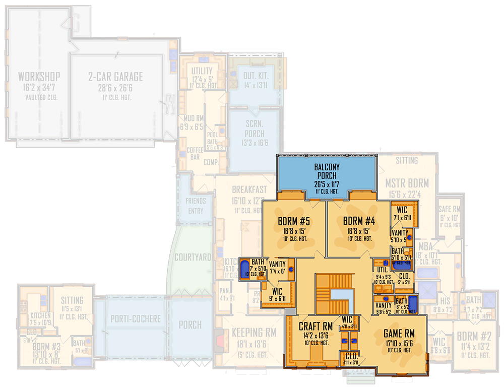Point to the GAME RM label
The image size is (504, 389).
(399, 333)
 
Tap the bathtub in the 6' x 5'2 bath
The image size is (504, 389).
(413, 304)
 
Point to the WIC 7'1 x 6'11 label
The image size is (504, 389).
(402, 210)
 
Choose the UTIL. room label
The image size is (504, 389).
(382, 270)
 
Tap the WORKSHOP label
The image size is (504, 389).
(39, 77)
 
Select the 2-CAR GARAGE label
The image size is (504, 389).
(115, 77)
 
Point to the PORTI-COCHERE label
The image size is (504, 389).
(136, 319)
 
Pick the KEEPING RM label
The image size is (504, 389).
(254, 333)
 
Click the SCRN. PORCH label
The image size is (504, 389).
(254, 128)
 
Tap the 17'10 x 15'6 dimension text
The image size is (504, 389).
(399, 343)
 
